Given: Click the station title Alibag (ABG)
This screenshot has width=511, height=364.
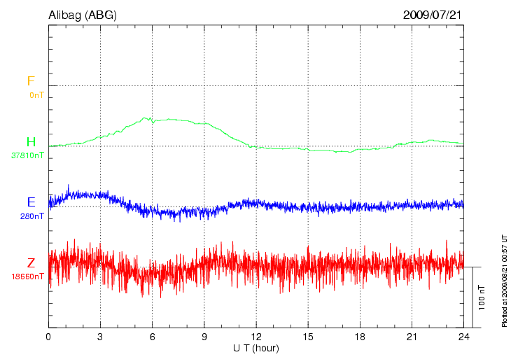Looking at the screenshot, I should coord(83,14).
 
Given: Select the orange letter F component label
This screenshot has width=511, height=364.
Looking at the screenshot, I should coord(31,81).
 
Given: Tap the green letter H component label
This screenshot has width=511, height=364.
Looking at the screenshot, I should coord(31,142).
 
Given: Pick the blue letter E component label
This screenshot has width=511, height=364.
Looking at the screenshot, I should coord(31,202).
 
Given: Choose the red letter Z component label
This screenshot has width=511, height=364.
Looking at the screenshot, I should coord(31,263).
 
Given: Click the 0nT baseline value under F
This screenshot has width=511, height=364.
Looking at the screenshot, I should coord(36,94).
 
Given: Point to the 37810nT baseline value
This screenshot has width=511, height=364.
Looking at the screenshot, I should coord(28,155).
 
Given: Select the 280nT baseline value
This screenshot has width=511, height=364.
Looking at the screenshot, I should coord(32,216).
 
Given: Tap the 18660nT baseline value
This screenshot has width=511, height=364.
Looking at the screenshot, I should coord(28,276).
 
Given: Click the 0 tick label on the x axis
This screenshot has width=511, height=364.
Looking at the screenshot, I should coord(48,337).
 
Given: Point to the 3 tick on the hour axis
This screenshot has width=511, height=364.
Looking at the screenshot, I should coord(100,337).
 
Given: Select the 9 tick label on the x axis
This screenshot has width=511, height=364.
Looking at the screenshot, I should coord(204,337).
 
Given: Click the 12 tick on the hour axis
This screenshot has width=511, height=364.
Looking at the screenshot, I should coord(256,337).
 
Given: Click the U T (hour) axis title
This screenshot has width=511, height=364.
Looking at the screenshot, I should coord(256,348).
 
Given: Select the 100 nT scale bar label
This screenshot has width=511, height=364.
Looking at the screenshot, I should coord(482,297).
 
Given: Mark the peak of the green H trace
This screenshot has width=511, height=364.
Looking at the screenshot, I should coord(146,118).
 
